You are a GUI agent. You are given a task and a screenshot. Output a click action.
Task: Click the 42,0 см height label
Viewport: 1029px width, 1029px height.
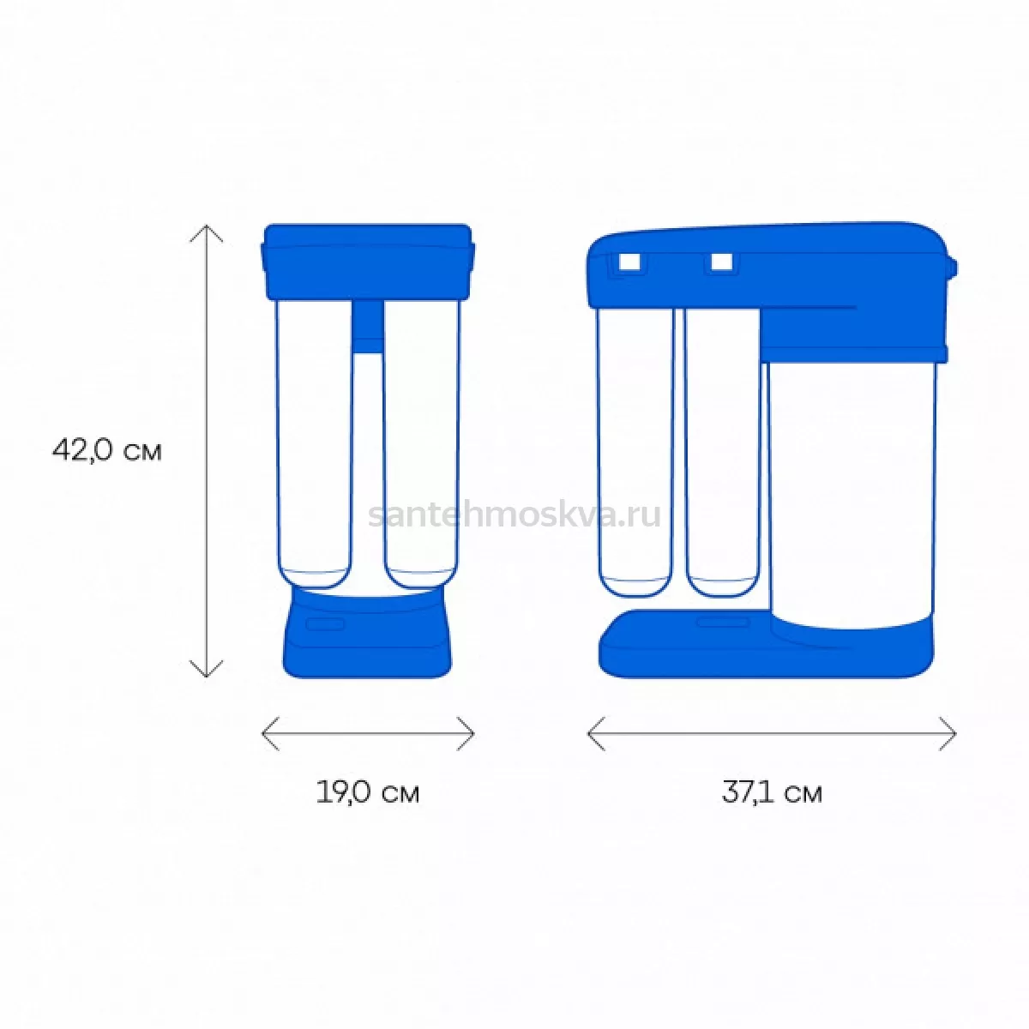[x=107, y=451]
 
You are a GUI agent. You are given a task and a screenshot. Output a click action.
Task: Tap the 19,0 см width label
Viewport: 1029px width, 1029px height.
[x=368, y=793]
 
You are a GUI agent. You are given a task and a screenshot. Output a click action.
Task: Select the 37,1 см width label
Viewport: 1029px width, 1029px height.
[x=772, y=793]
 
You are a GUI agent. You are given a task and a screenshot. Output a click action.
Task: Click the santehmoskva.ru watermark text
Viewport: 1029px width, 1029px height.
[x=514, y=515]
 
